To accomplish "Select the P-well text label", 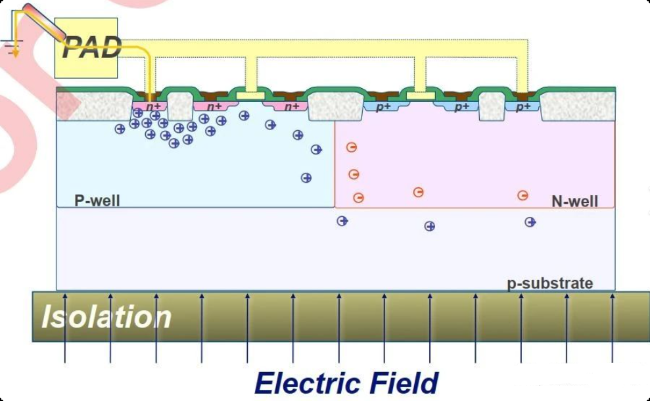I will (x=97, y=200).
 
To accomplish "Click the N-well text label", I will (x=574, y=200).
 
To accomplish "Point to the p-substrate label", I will (x=550, y=283).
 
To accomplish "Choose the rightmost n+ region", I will (x=292, y=106).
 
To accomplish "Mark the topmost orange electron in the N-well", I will (x=352, y=147).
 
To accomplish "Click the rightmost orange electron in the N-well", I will (x=522, y=195).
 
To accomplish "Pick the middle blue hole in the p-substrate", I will (x=430, y=226).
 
